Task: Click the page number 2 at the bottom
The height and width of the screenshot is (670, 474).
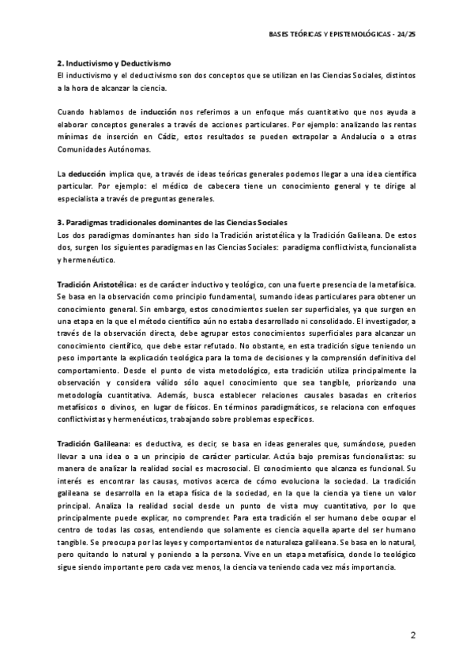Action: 414,636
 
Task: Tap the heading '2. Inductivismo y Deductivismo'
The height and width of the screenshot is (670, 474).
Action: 114,62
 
